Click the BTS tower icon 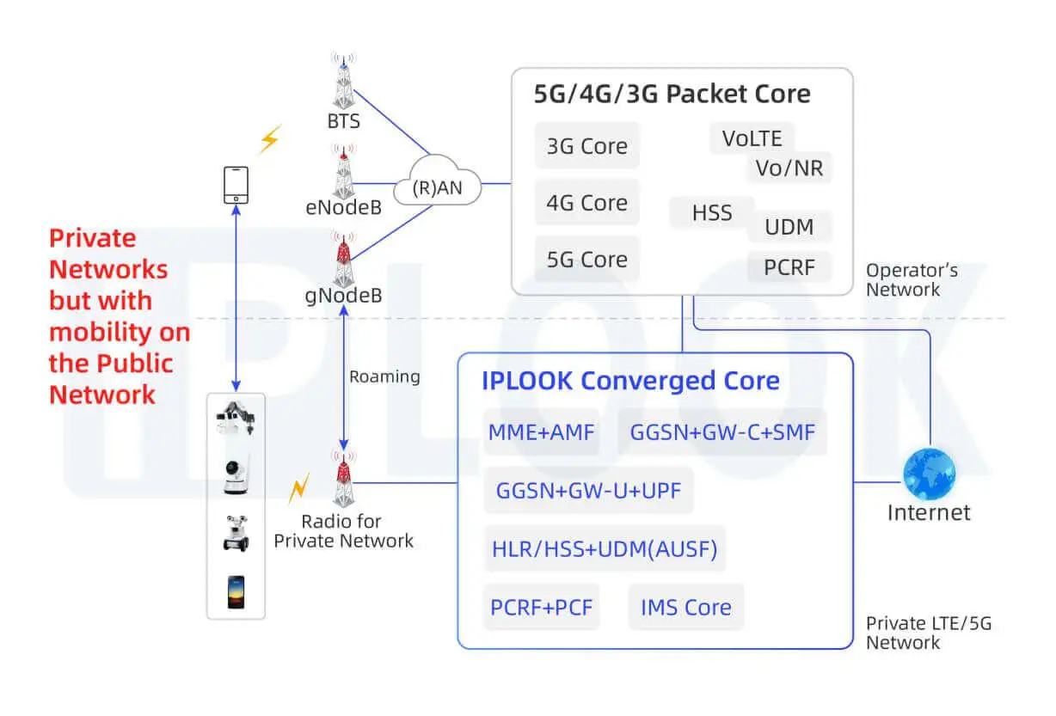point(343,82)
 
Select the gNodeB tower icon point(343,260)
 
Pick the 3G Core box point(587,146)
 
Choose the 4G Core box point(587,203)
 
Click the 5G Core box point(587,260)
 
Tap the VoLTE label point(752,138)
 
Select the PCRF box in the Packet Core point(789,267)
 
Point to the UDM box point(789,227)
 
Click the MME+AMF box point(541,432)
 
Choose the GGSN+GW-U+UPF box point(589,491)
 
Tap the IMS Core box point(685,608)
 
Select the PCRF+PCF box point(541,608)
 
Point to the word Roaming point(384,376)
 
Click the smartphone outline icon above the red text point(236,185)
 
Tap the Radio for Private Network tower point(343,480)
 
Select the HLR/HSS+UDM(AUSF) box point(605,549)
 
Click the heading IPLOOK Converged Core point(630,382)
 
